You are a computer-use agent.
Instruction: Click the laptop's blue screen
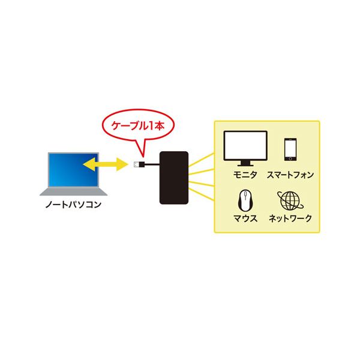73,170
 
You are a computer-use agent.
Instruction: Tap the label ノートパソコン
73,205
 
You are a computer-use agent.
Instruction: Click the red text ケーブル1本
138,125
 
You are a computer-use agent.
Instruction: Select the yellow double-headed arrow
105,164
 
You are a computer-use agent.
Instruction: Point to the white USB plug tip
136,164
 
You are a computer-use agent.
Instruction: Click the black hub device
174,178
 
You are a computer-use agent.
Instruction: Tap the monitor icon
245,148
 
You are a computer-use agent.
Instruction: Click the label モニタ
245,175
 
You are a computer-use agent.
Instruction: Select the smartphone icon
290,149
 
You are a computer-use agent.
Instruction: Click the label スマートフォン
290,175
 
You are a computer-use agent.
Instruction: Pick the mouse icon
245,200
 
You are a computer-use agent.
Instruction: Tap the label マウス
245,218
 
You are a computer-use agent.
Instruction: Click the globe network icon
290,201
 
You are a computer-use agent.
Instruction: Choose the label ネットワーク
290,218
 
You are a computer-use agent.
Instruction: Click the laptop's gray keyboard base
73,192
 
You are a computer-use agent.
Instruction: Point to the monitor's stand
245,163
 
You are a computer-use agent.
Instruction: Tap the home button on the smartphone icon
290,158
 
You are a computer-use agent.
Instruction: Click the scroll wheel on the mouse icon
245,195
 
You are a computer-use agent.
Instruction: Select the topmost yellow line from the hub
202,160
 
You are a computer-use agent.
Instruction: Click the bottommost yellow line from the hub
202,194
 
